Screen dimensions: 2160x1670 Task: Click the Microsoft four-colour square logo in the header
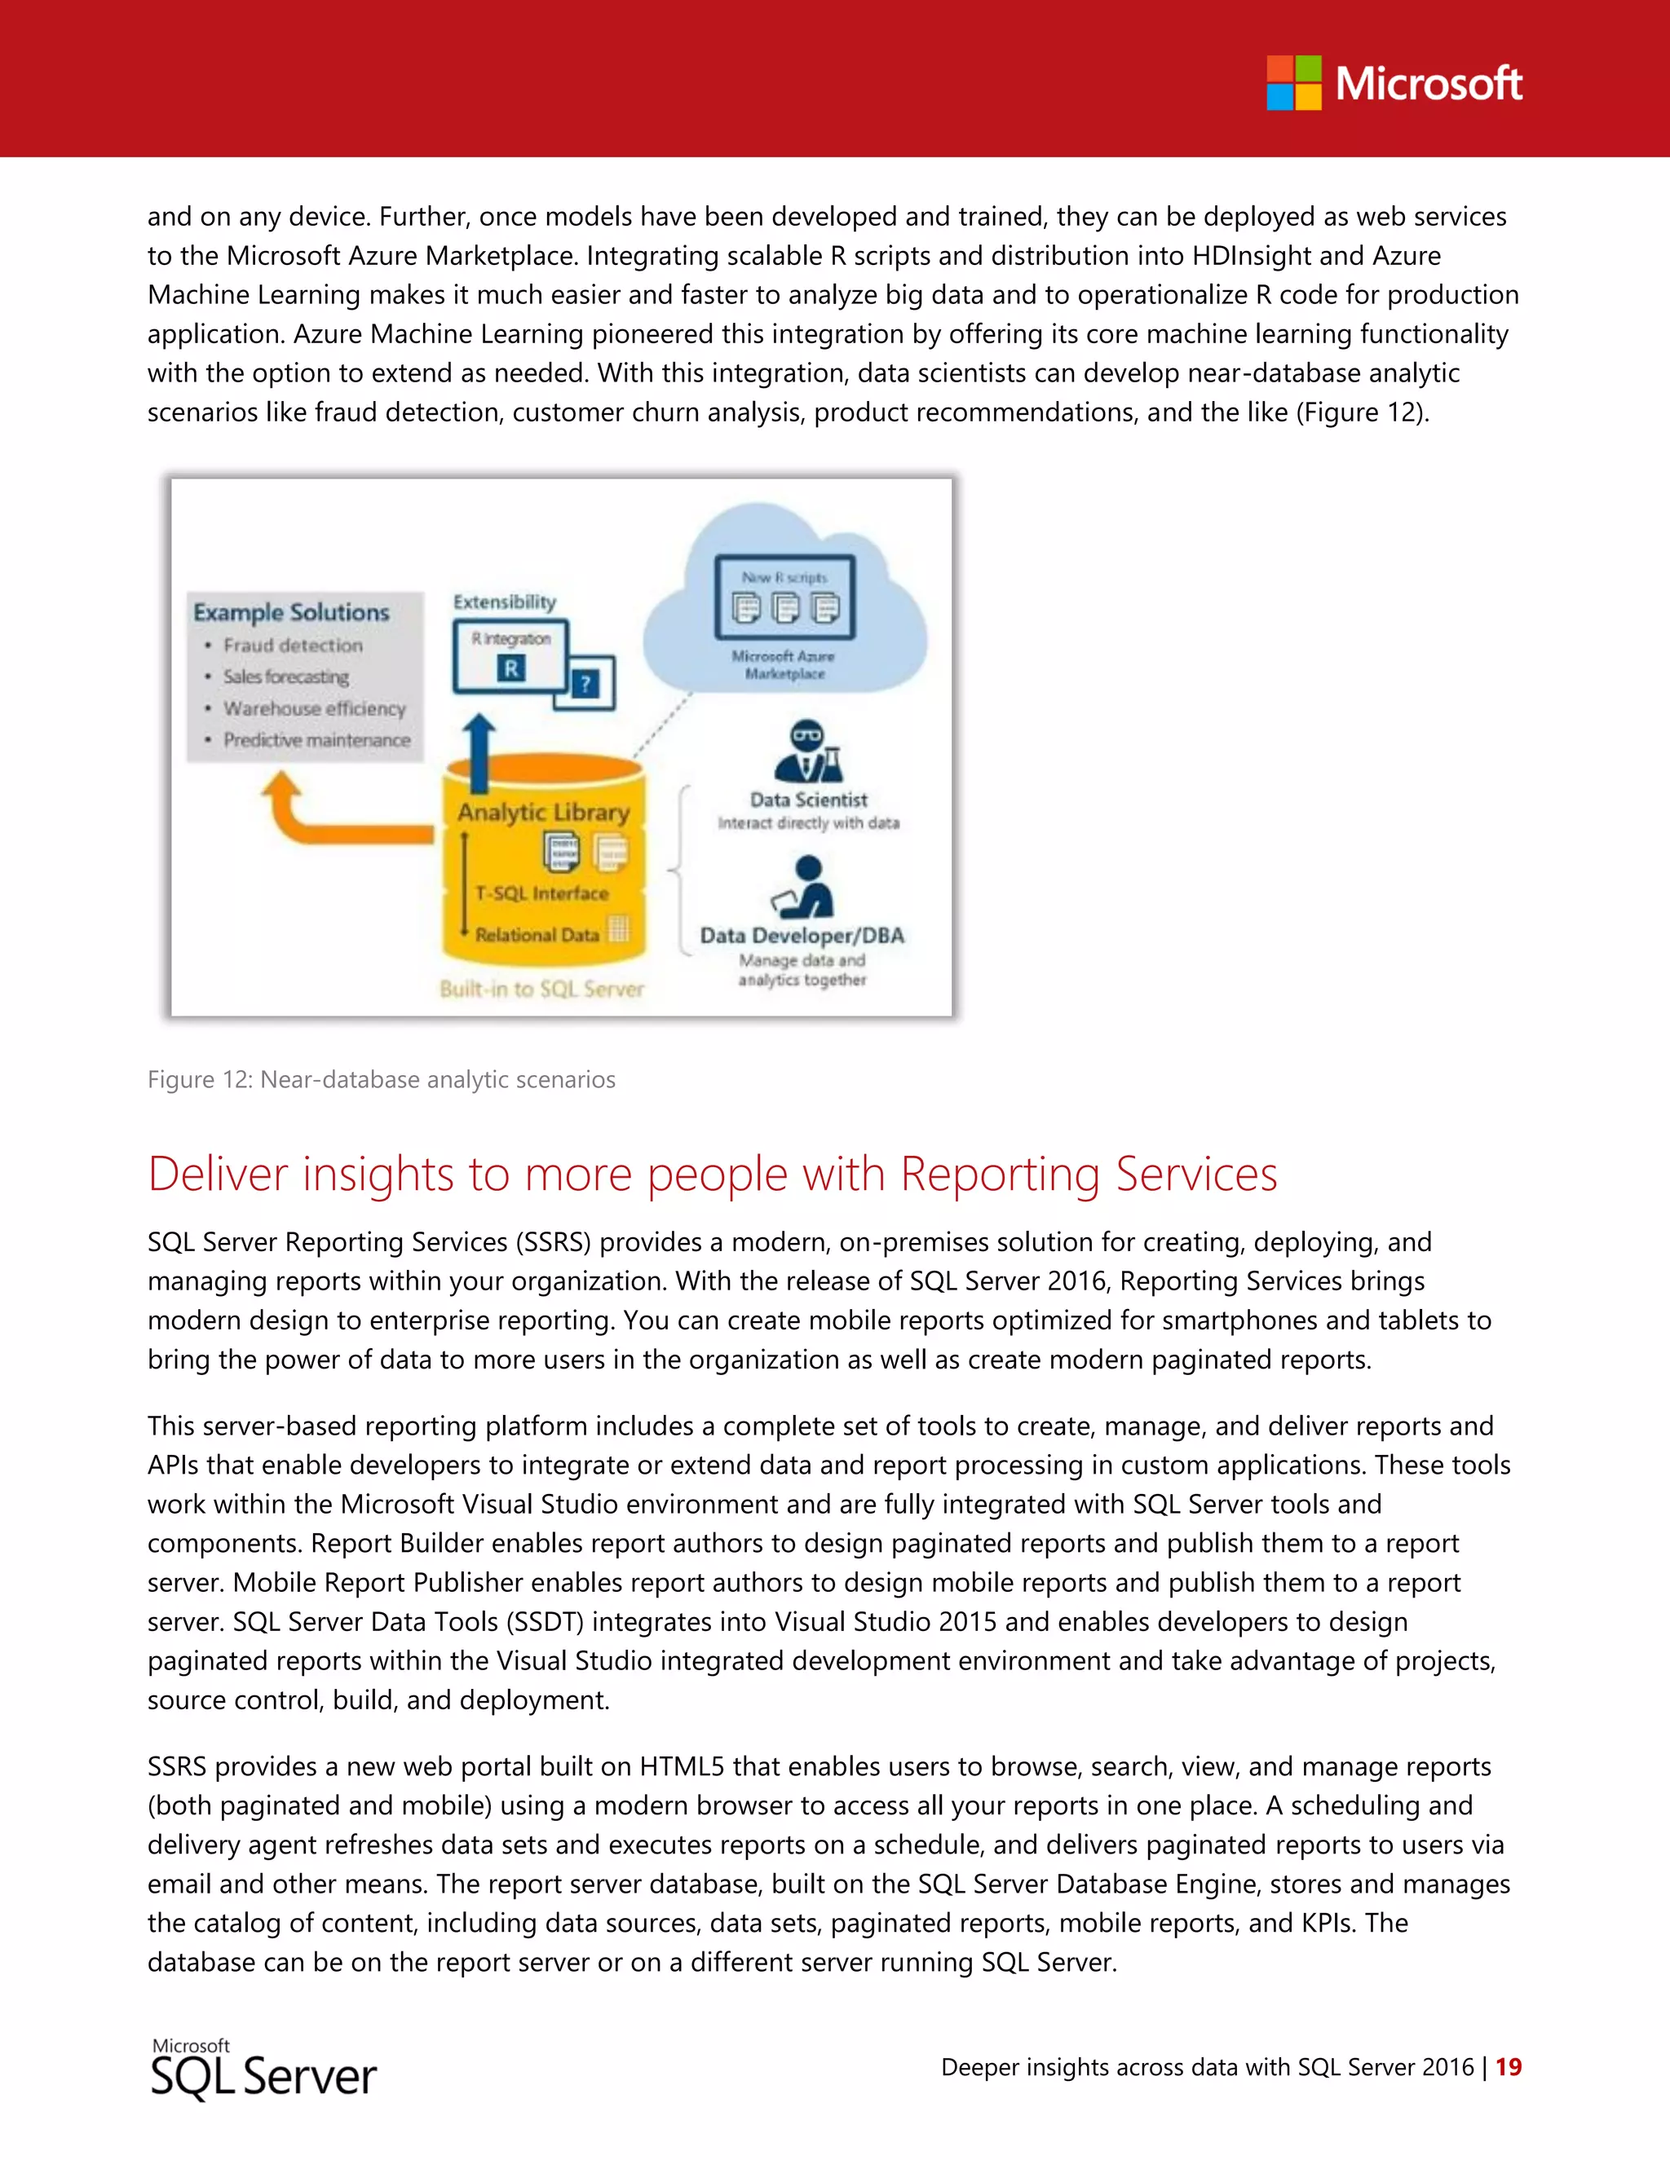tap(1293, 83)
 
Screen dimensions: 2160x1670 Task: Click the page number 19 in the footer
tap(1508, 2066)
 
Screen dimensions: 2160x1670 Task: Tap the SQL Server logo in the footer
tap(263, 2070)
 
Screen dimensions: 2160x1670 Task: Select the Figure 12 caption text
tap(381, 1079)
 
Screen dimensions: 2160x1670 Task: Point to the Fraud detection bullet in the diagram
tap(293, 645)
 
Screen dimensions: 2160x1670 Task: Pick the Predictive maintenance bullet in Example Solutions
tap(316, 740)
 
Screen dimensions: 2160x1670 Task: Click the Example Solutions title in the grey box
tap(291, 612)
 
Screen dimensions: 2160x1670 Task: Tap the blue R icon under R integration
tap(510, 668)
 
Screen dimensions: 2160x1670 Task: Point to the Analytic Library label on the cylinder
tap(543, 812)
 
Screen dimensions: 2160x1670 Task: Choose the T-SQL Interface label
tap(541, 893)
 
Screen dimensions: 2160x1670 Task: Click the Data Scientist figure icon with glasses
tap(807, 752)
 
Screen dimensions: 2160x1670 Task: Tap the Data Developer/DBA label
tap(802, 936)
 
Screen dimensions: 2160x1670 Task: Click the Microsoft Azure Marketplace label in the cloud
tap(784, 664)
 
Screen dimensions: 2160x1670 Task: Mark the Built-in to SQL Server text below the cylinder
tap(541, 989)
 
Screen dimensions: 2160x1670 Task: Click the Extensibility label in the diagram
tap(505, 602)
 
